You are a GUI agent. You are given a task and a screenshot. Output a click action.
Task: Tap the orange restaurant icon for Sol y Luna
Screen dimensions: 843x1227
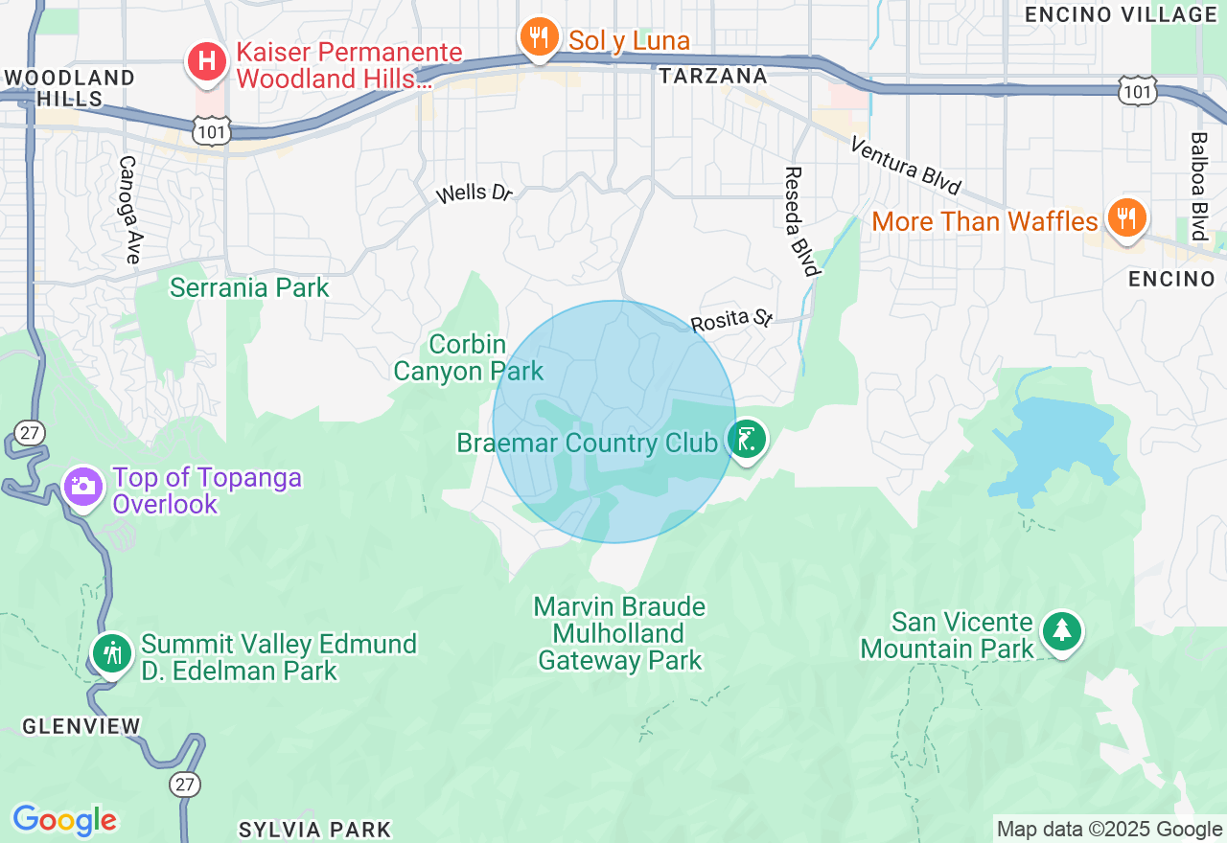[x=540, y=38]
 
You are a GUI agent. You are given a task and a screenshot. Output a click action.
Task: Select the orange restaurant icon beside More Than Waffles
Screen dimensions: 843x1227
[x=1127, y=219]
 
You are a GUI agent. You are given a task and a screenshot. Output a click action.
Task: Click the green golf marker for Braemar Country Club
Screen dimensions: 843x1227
[x=747, y=441]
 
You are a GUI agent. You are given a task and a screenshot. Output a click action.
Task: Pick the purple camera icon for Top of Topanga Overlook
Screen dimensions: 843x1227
[x=83, y=486]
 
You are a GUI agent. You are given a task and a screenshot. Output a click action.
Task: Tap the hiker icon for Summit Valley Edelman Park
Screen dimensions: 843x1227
[x=113, y=653]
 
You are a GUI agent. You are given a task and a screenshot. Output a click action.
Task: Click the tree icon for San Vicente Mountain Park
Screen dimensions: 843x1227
[x=1061, y=630]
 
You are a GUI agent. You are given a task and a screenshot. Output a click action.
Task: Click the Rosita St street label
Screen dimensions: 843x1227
[x=732, y=320]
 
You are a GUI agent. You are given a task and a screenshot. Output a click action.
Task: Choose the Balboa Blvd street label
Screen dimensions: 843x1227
[x=1198, y=186]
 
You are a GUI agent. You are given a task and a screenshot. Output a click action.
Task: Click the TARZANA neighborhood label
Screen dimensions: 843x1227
[x=714, y=76]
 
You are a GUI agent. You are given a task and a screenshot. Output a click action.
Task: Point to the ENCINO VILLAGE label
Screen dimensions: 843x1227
[x=1121, y=14]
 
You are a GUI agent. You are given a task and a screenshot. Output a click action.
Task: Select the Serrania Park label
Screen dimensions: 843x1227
[x=249, y=287]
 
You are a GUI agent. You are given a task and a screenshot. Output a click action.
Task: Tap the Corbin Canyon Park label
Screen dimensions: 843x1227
[x=469, y=357]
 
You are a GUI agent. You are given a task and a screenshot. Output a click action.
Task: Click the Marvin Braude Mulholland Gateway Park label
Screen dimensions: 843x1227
[x=620, y=633]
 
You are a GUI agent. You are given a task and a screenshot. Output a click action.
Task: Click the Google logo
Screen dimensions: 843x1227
[x=64, y=820]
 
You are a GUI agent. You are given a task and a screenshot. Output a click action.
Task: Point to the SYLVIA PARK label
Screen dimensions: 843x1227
[x=314, y=830]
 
